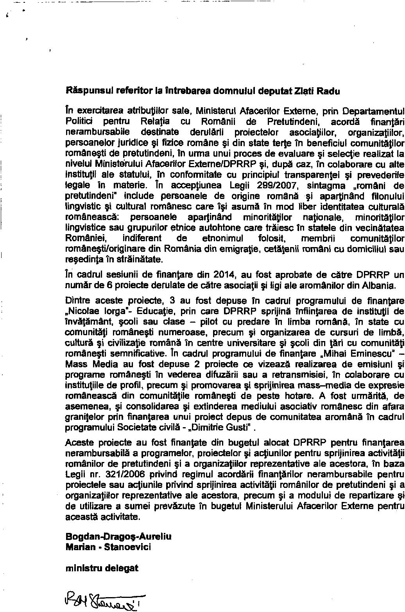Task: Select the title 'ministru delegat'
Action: coord(102,579)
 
